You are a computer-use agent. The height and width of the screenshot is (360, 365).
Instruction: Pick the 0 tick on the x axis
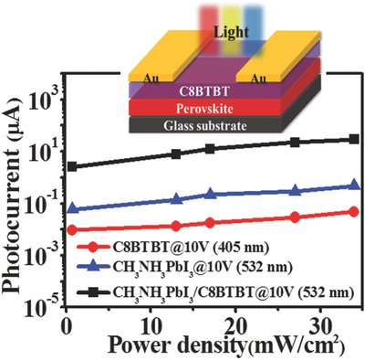[x=66, y=327]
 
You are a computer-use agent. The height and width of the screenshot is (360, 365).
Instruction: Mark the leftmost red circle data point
[x=72, y=229]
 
